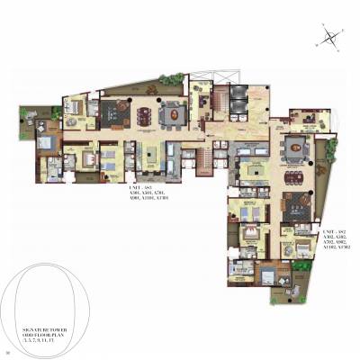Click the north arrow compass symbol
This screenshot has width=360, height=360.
point(331,37)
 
